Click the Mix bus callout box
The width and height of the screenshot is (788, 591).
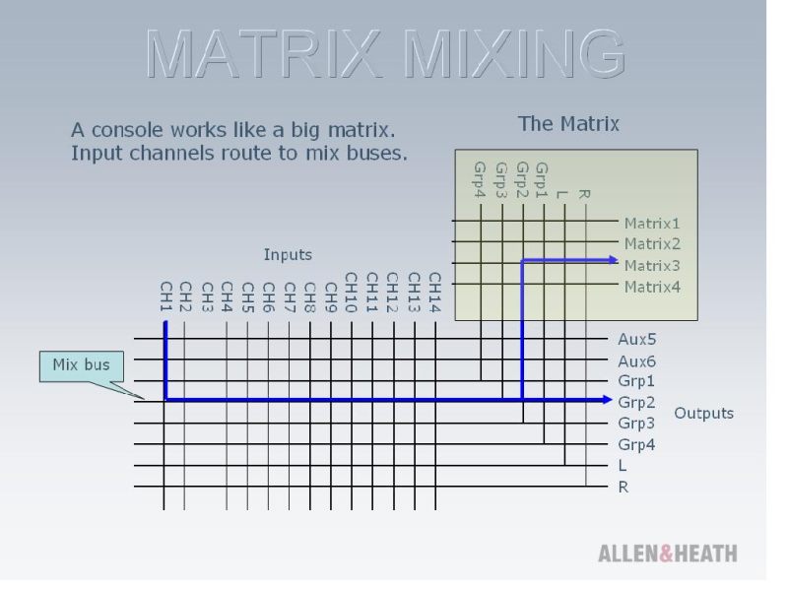(82, 365)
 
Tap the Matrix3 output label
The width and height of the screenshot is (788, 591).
(652, 265)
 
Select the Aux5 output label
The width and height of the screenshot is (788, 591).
(636, 339)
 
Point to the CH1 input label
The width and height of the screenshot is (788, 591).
(166, 296)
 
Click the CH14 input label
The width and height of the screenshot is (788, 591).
(434, 293)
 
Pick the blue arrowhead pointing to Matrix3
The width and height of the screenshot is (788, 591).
(613, 260)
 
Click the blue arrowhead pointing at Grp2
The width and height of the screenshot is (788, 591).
(607, 400)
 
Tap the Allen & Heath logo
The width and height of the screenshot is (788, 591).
(668, 554)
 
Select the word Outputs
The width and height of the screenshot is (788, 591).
(703, 413)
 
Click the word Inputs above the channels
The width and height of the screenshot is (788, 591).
(288, 255)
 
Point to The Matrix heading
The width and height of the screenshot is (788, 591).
(568, 124)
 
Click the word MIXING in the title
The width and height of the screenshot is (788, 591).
(513, 53)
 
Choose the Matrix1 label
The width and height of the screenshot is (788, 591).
(652, 224)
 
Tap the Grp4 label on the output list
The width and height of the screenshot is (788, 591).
(636, 445)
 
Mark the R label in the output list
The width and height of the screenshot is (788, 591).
(624, 487)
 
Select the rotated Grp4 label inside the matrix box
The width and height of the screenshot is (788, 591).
(480, 180)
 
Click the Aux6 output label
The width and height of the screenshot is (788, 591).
(636, 361)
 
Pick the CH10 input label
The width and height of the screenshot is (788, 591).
(352, 293)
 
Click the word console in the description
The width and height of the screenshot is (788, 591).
(127, 130)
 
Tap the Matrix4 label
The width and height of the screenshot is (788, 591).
(652, 287)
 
